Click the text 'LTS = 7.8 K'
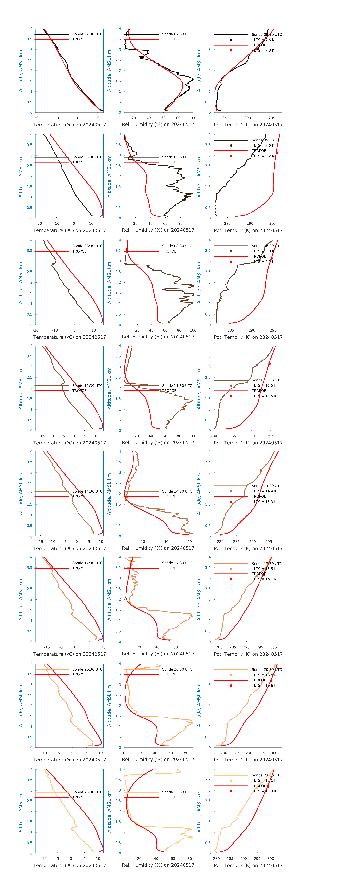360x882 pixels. pyautogui.click(x=264, y=50)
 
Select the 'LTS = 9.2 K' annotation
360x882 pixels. pyautogui.click(x=264, y=156)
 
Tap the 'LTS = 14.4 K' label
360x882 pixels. pyautogui.click(x=265, y=491)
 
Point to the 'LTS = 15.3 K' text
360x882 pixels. pyautogui.click(x=265, y=502)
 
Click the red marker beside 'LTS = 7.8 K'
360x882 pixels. pyautogui.click(x=231, y=50)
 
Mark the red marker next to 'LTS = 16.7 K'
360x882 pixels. pyautogui.click(x=231, y=579)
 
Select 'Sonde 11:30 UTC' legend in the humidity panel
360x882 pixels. pyautogui.click(x=177, y=386)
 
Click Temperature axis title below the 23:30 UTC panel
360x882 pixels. pyautogui.click(x=70, y=865)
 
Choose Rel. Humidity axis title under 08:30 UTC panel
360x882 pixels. pyautogui.click(x=158, y=337)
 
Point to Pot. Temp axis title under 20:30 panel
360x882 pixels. pyautogui.click(x=248, y=760)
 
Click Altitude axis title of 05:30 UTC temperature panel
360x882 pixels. pyautogui.click(x=21, y=176)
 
